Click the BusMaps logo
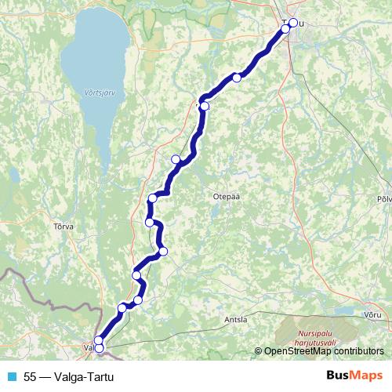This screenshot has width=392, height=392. pos(354,376)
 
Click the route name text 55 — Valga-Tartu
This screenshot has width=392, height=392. pos(69,377)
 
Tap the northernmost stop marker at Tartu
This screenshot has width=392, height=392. pos(293,23)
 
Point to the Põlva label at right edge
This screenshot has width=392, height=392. pos(384,199)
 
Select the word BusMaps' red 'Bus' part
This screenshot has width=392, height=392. pos(339,376)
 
